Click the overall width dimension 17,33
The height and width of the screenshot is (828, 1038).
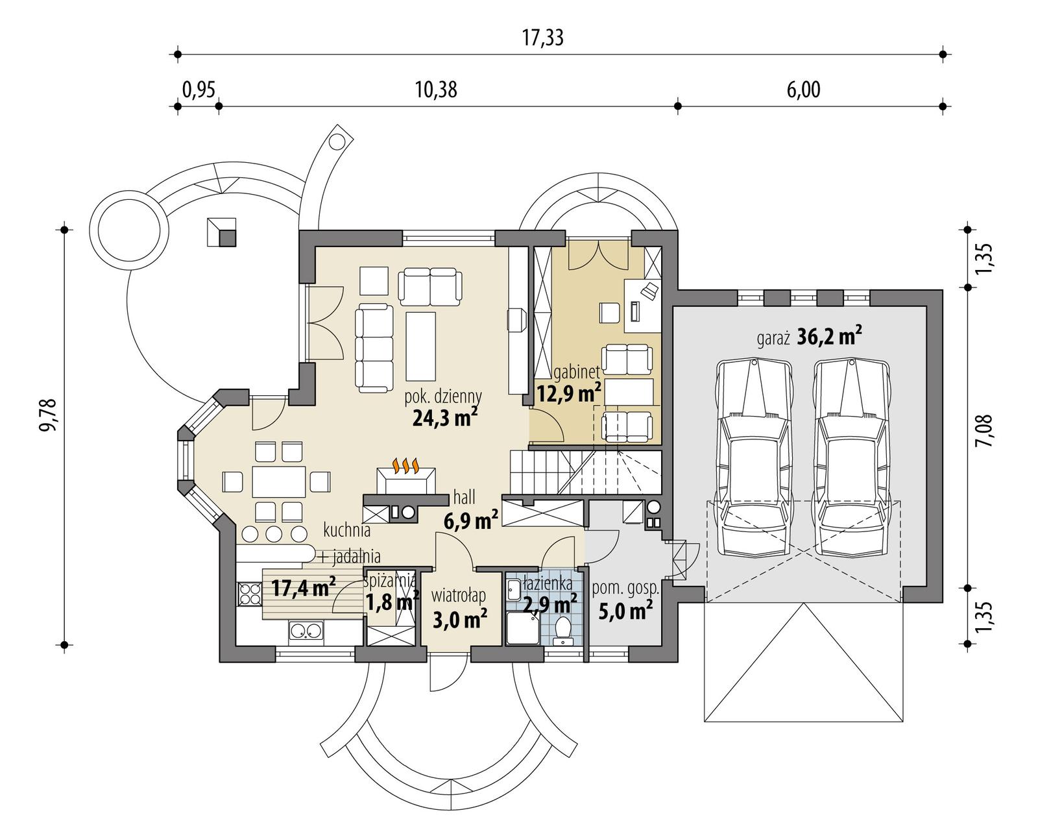click(x=542, y=38)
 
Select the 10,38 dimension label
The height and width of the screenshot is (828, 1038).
click(x=435, y=90)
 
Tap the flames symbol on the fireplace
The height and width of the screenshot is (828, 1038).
click(x=405, y=466)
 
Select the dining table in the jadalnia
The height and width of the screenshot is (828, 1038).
click(x=279, y=481)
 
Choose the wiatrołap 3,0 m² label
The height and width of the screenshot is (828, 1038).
click(x=459, y=608)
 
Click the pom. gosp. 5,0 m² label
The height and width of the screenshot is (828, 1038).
click(x=625, y=600)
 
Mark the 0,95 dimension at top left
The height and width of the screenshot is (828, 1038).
click(x=198, y=90)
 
